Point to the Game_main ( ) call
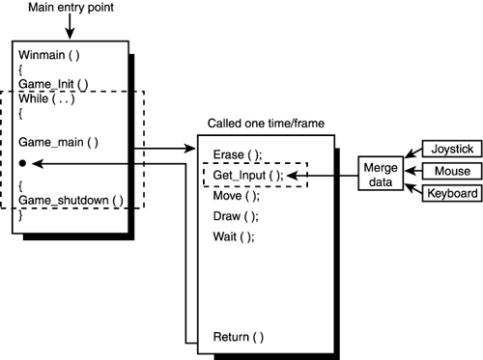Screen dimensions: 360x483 pos(58,142)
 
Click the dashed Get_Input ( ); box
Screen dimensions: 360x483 pos(254,176)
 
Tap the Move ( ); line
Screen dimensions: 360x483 pos(234,196)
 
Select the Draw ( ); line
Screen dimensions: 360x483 pos(234,216)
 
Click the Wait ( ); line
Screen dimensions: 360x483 pos(233,237)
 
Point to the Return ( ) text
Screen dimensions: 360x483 pos(238,337)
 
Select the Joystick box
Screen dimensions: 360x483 pos(450,150)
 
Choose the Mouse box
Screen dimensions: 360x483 pos(450,172)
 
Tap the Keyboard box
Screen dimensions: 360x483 pos(450,193)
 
